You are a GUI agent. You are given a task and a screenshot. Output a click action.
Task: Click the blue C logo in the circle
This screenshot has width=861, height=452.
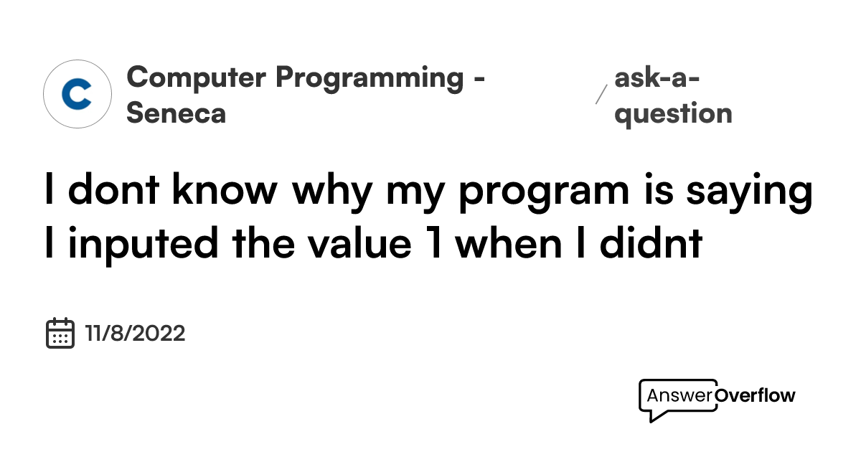77,94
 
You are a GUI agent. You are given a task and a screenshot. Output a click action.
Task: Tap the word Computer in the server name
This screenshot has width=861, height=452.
196,77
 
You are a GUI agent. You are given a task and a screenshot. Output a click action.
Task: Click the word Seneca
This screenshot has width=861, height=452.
176,113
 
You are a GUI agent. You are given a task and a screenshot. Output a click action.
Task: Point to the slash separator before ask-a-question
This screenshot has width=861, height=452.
601,95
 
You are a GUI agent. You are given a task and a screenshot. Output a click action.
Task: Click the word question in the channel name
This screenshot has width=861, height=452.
674,115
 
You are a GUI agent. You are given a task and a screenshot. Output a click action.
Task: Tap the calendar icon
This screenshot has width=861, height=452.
60,333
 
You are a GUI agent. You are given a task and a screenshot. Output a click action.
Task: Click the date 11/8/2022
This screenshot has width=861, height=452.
135,333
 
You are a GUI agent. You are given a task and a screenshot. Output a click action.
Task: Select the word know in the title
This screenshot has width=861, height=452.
225,189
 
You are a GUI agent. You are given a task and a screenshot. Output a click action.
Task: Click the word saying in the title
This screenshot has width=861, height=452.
749,192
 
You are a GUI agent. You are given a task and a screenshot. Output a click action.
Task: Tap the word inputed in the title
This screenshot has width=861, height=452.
143,245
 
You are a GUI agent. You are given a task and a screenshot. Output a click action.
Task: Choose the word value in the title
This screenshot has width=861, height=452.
360,243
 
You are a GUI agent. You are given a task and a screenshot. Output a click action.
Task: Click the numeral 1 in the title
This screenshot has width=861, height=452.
434,243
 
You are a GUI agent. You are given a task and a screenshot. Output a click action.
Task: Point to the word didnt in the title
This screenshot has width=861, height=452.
651,243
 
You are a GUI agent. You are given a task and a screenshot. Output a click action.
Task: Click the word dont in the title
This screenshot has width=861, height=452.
113,189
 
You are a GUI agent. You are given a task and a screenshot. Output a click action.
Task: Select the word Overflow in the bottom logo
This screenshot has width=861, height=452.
755,395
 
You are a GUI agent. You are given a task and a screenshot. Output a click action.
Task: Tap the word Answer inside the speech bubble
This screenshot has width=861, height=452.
680,395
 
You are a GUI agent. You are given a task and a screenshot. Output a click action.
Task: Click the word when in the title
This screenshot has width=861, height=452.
509,243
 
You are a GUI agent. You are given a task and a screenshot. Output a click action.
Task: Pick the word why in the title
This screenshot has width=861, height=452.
331,192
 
